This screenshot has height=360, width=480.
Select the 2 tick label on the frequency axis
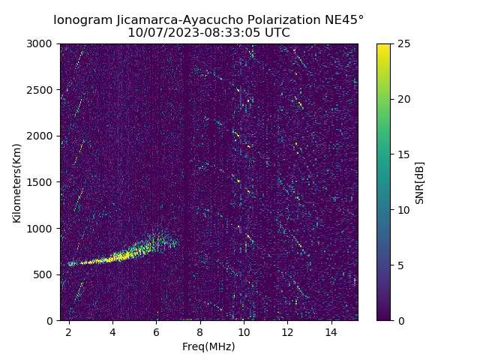tap(69, 331)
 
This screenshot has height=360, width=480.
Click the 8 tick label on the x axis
tap(200, 331)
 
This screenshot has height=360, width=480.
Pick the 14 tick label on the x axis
tap(331, 331)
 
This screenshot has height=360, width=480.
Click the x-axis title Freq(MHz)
tap(208, 346)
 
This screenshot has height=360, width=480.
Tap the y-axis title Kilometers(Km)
tap(16, 182)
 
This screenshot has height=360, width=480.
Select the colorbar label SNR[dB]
tap(420, 182)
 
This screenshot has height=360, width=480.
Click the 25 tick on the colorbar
tap(402, 44)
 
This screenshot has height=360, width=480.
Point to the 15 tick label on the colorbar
tap(402, 154)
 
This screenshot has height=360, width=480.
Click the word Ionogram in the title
tap(85, 20)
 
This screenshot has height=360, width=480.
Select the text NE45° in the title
tap(339, 20)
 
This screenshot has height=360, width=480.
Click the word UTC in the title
tap(277, 33)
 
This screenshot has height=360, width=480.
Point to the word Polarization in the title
tap(271, 20)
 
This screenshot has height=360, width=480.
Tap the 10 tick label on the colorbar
tap(402, 210)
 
